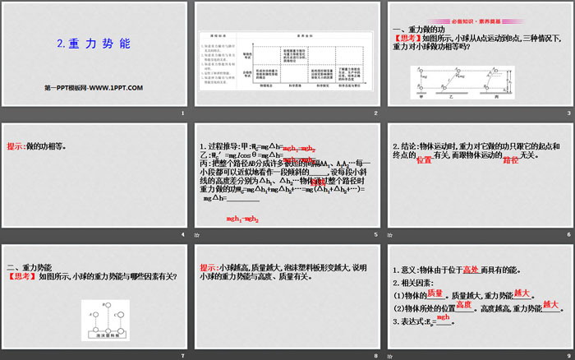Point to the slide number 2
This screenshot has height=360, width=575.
pos(375,113)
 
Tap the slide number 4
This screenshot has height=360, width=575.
pos(182,233)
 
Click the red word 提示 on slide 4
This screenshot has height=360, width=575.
pos(16,147)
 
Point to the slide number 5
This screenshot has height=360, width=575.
pos(375,233)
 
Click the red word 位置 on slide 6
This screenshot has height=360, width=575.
pos(424,162)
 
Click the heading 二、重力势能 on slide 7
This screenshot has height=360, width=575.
pos(30,267)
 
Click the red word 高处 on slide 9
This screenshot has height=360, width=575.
pos(470,269)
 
